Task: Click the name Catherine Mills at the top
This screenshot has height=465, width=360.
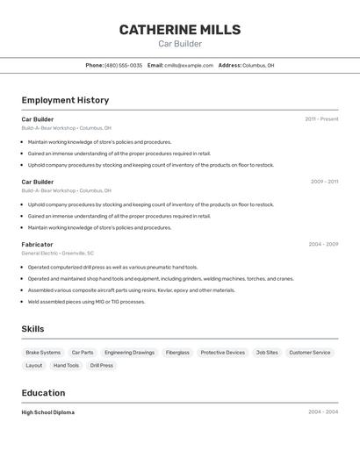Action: [179, 30]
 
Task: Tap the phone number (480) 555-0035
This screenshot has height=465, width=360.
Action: [123, 65]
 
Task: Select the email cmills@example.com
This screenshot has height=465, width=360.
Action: [189, 65]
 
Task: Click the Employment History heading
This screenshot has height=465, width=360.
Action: [65, 100]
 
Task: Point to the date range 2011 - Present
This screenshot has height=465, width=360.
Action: [321, 119]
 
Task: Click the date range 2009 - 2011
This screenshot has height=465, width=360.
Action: [324, 182]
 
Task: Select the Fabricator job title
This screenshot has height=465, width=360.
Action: [37, 245]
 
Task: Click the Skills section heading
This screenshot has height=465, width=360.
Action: [32, 329]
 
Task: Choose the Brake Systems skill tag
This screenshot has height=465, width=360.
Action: [43, 353]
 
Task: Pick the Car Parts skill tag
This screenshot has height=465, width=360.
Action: [83, 353]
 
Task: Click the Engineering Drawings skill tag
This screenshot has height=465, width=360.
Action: [129, 353]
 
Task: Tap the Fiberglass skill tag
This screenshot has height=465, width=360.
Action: [177, 353]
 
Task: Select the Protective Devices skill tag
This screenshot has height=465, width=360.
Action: [223, 353]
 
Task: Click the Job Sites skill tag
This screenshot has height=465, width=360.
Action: [267, 353]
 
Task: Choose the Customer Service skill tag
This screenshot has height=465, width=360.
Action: [310, 353]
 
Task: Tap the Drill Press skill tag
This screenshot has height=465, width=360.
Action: [101, 366]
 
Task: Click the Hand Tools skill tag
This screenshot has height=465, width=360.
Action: [66, 366]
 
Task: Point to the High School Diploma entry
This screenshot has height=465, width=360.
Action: [48, 412]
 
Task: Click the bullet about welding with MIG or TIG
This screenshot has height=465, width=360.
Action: [86, 302]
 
